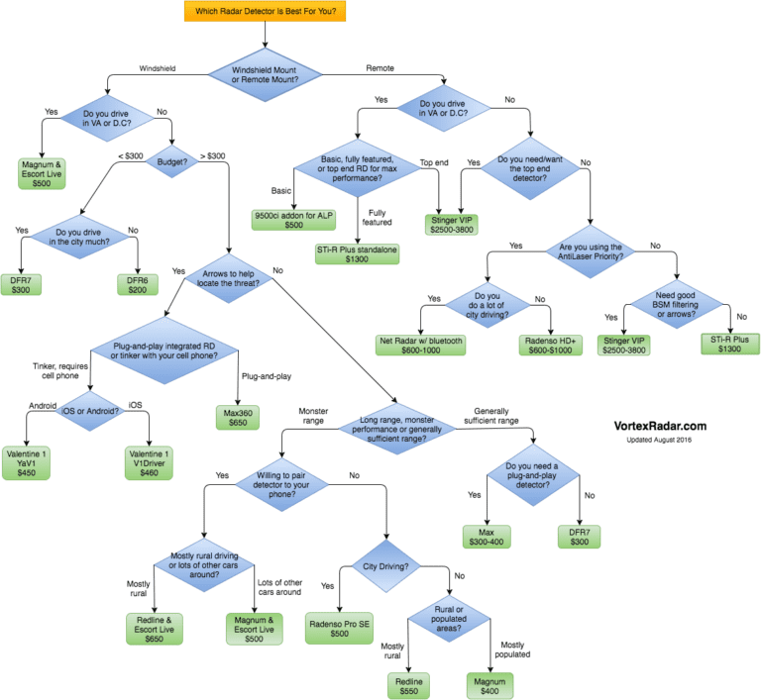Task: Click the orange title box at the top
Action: click(x=265, y=11)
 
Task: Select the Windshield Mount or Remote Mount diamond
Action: click(x=265, y=74)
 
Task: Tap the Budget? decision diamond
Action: click(x=171, y=161)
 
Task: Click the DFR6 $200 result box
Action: click(x=138, y=285)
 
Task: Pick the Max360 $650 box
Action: click(x=238, y=418)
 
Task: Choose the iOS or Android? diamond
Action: click(x=90, y=411)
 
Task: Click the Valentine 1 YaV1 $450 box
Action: click(x=26, y=462)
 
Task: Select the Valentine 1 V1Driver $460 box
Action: click(x=149, y=462)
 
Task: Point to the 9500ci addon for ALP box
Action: click(x=293, y=220)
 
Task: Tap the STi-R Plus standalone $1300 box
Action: click(x=357, y=254)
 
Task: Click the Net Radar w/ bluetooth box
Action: click(x=421, y=346)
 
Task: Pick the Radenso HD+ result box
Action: click(x=550, y=346)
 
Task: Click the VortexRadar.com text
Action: click(x=660, y=426)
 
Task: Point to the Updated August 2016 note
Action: click(x=659, y=440)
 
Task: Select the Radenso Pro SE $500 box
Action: click(x=339, y=629)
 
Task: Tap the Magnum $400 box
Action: click(x=489, y=686)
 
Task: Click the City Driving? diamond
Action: click(x=386, y=566)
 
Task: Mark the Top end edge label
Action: click(x=434, y=162)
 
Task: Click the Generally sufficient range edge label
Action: click(x=491, y=416)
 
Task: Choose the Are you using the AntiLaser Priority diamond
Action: click(x=591, y=251)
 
